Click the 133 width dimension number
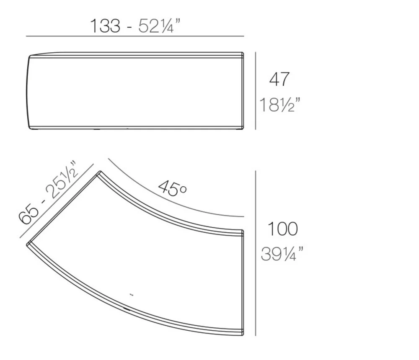point(105,26)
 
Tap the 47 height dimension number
point(279,79)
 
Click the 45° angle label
point(173,188)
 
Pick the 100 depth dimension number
point(282,229)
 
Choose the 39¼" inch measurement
point(282,254)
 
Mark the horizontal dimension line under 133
point(135,36)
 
